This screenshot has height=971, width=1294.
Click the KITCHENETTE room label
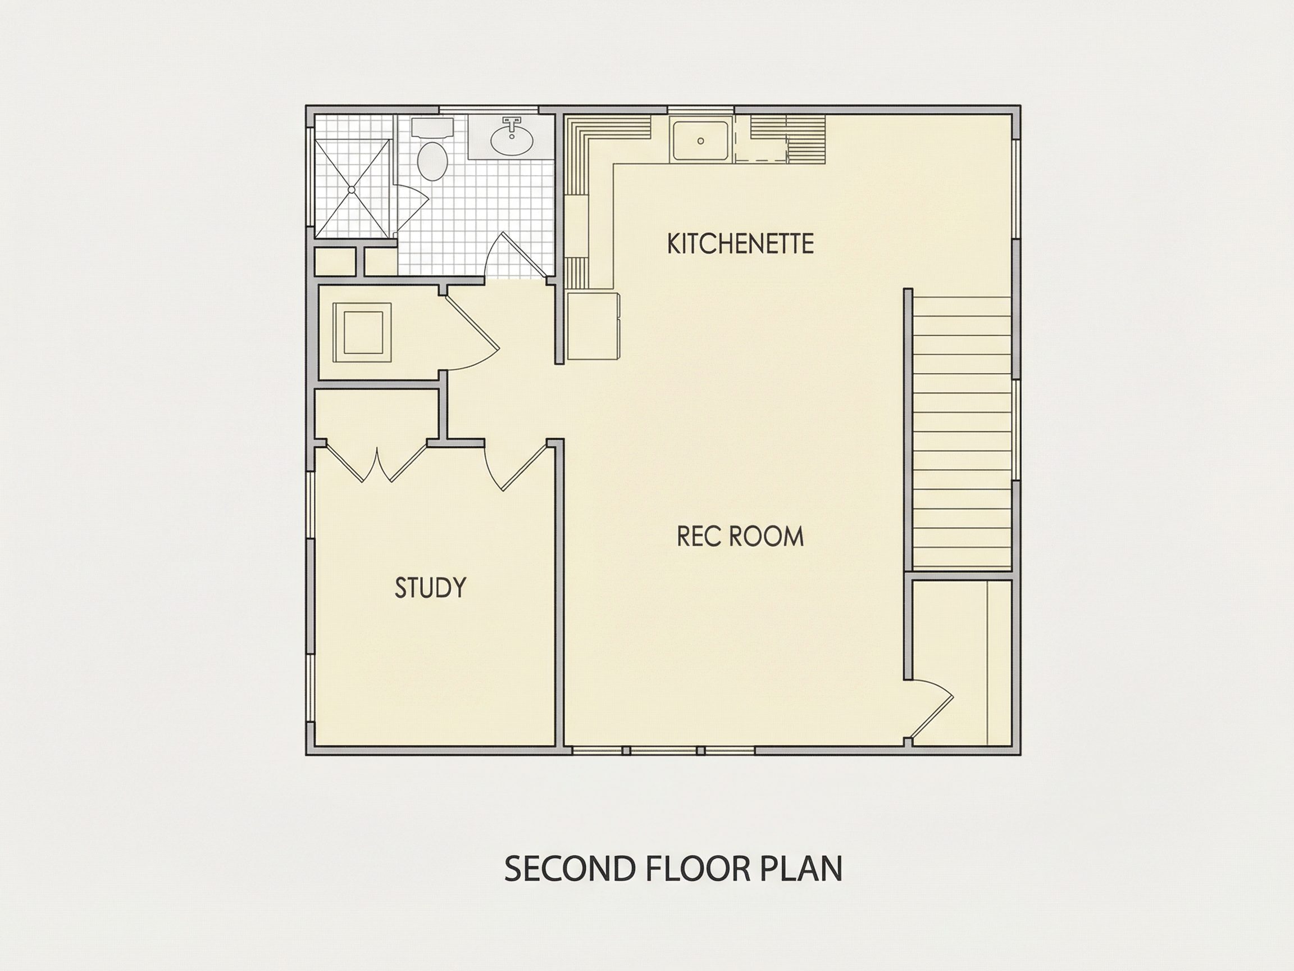click(x=740, y=243)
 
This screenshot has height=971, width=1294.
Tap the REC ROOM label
click(x=740, y=536)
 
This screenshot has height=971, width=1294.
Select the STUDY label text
click(x=431, y=588)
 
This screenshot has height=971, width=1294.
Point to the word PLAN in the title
click(x=801, y=869)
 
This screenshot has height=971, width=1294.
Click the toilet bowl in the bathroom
click(x=432, y=161)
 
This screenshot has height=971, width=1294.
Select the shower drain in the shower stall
click(x=352, y=189)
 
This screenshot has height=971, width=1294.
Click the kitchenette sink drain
click(x=701, y=141)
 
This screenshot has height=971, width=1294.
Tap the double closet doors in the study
click(x=376, y=464)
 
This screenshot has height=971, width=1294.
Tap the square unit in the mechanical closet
click(x=362, y=333)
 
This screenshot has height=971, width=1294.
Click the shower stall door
click(x=411, y=207)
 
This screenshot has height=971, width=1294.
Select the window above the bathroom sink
click(x=489, y=110)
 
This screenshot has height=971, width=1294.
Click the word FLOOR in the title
click(x=698, y=869)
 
